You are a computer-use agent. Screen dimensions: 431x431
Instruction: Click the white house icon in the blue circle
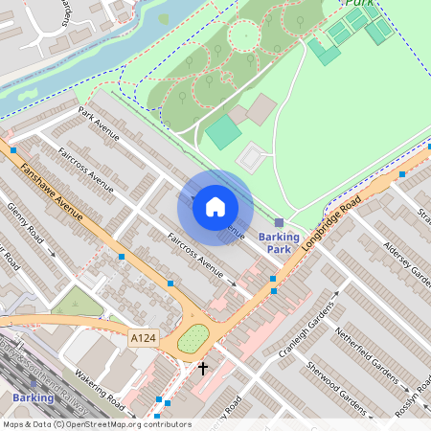pyautogui.click(x=215, y=206)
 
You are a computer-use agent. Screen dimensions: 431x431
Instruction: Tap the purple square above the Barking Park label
pyautogui.click(x=279, y=222)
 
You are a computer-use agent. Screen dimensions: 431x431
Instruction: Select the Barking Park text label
pyautogui.click(x=279, y=243)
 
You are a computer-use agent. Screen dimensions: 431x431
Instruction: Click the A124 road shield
pyautogui.click(x=142, y=338)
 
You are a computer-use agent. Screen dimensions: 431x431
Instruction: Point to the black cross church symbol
pyautogui.click(x=202, y=367)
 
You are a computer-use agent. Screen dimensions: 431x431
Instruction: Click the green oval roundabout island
pyautogui.click(x=193, y=338)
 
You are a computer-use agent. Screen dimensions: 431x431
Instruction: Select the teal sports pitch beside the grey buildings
pyautogui.click(x=224, y=132)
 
